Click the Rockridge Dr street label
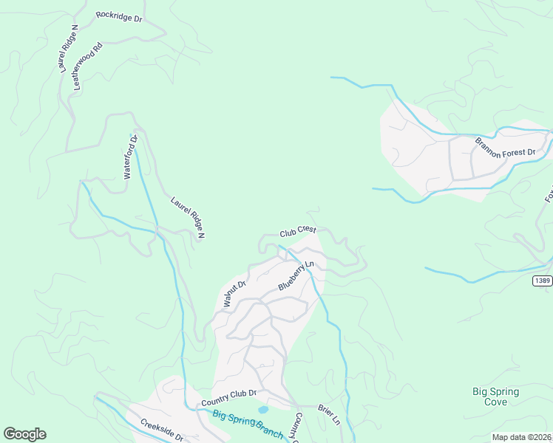pos(118,17)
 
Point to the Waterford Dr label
pos(130,157)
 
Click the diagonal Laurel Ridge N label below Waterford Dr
pos(187,217)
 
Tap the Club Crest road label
pos(298,232)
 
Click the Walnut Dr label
pos(234,293)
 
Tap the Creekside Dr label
pos(161,430)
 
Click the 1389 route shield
pos(542,281)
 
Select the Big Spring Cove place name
pos(495,396)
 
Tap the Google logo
pos(24,434)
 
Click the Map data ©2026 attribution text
pos(521,437)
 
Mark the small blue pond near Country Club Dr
pos(263,409)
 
